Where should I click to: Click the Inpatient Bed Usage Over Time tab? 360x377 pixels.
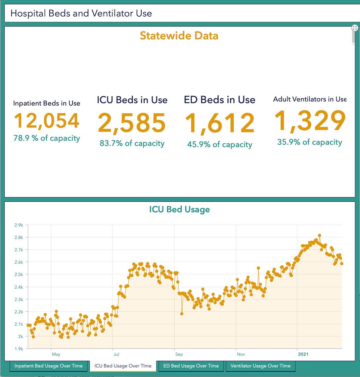click(48, 366)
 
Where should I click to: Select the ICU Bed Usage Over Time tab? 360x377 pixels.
click(123, 366)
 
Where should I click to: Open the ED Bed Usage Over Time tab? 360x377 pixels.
click(191, 366)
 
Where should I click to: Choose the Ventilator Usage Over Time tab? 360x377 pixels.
click(260, 366)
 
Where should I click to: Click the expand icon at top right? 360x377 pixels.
click(355, 28)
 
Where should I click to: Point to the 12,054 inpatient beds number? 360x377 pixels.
click(47, 121)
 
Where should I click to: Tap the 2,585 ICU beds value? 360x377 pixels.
click(132, 123)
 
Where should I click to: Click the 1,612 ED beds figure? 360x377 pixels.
click(219, 124)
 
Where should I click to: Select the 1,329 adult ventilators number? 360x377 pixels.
click(310, 121)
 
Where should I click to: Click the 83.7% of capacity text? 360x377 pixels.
click(132, 143)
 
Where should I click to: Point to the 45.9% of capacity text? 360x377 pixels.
click(220, 144)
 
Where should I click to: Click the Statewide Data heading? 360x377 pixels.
click(179, 36)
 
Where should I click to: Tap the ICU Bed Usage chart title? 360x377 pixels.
click(179, 209)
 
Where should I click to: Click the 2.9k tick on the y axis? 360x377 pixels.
click(19, 225)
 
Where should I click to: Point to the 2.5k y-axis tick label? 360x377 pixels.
click(19, 275)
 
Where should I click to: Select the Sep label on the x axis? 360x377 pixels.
click(179, 354)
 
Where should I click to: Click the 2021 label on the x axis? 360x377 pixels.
click(303, 354)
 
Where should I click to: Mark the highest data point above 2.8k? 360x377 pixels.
click(319, 236)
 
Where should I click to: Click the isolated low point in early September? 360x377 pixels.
click(182, 313)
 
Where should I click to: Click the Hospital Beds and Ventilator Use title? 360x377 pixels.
click(81, 14)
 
